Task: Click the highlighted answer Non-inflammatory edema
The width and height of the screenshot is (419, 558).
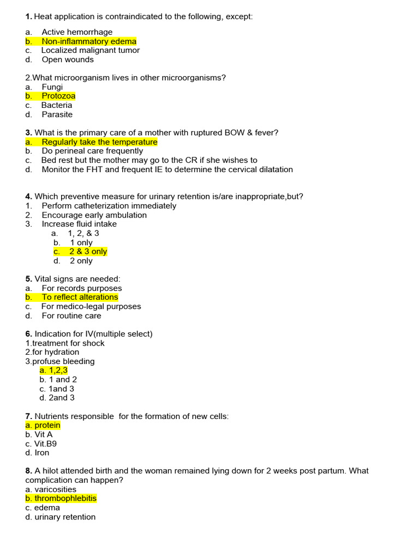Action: point(89,41)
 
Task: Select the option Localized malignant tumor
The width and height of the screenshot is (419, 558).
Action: point(91,51)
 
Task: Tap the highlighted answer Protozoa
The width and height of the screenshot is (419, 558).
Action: point(58,96)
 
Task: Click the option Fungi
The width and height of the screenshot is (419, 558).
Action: point(52,87)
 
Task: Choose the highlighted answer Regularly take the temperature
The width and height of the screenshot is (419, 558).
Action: point(99,142)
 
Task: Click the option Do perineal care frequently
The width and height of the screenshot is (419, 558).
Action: point(92,151)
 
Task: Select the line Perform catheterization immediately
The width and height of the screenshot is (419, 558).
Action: point(109,206)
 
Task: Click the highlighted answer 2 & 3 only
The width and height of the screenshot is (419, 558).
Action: point(88,252)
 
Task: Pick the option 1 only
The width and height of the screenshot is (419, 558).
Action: point(81,242)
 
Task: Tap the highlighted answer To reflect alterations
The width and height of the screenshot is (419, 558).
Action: point(80,298)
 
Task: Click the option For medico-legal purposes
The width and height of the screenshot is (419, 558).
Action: point(91,307)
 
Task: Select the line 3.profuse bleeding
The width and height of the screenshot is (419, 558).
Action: point(60,361)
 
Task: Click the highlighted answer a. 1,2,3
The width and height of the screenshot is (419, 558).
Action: point(53,371)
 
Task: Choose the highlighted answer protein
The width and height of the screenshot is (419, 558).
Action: point(43,426)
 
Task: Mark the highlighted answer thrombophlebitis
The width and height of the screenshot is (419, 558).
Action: point(61,499)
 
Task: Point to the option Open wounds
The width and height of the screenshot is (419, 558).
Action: point(68,60)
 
